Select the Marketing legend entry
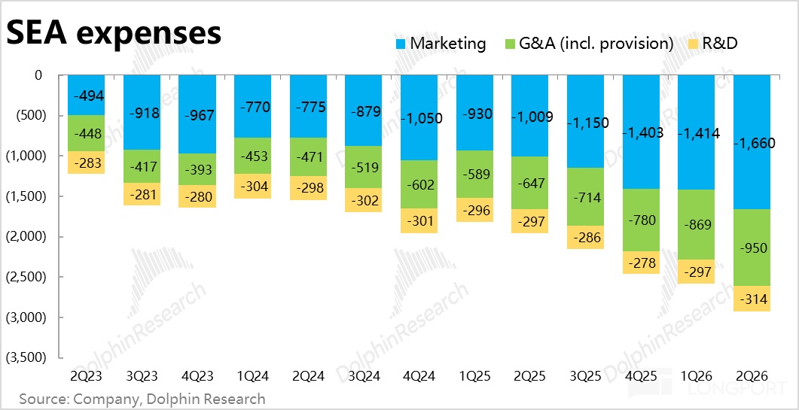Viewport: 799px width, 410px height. tap(441, 44)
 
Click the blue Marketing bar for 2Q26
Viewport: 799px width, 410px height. tap(752, 142)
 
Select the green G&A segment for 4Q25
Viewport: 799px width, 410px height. tap(641, 220)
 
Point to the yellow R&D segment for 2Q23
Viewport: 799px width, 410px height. tap(86, 162)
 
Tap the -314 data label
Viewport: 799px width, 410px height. tap(752, 300)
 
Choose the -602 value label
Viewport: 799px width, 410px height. tap(419, 184)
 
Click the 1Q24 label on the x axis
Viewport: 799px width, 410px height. tap(252, 376)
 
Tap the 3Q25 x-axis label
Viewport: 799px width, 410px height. tap(585, 376)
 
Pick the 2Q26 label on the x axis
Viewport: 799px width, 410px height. tap(752, 376)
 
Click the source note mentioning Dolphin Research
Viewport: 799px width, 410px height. tap(142, 398)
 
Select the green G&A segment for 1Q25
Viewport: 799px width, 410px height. tap(474, 175)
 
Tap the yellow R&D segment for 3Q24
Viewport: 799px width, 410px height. tap(363, 200)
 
